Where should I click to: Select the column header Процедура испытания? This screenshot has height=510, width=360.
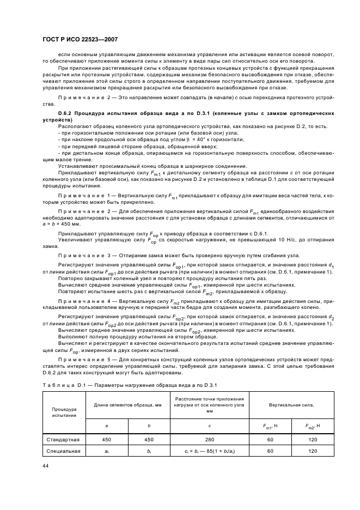[x=64, y=412]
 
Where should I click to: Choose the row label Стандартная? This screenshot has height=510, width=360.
[x=64, y=439]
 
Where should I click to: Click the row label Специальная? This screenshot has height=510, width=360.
[x=64, y=451]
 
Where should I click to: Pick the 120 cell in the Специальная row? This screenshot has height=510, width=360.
[x=312, y=451]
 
